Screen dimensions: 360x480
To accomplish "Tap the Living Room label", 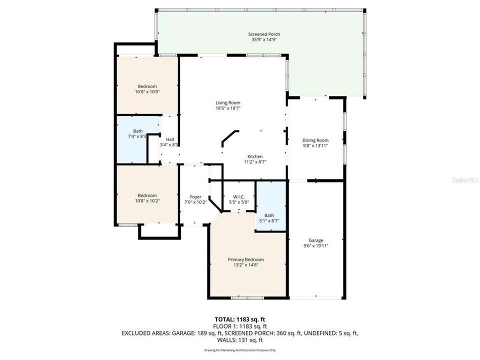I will click(x=224, y=102).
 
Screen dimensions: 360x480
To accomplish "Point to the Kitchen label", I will click(x=254, y=156).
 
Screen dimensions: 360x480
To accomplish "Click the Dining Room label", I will click(x=315, y=140).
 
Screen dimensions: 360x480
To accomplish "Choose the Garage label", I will click(x=315, y=240).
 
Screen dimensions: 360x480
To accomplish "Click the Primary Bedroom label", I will click(x=245, y=259).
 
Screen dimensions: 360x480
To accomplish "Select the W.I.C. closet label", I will click(x=238, y=197).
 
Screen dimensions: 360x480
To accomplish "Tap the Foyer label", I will click(x=195, y=197).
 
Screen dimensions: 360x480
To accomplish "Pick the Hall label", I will click(x=169, y=139).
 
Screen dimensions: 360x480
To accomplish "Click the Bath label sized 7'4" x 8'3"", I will click(x=130, y=131).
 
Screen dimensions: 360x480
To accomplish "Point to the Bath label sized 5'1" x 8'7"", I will click(x=269, y=215).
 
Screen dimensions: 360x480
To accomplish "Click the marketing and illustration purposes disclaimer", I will click(x=239, y=349).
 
